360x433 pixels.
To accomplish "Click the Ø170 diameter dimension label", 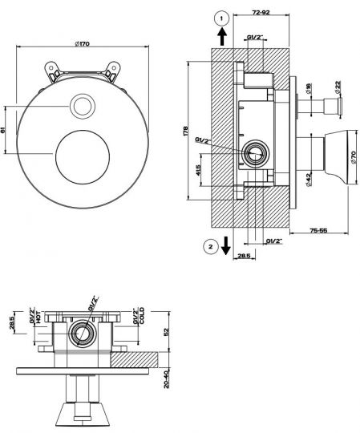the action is [x=83, y=43].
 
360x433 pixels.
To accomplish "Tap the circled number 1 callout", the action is [x=221, y=18].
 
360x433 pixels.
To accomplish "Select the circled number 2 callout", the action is [x=211, y=247].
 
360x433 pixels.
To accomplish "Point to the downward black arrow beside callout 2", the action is [x=226, y=245].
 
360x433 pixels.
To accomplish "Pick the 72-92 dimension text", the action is [x=261, y=12].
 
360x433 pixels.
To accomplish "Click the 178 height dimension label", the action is [x=185, y=131].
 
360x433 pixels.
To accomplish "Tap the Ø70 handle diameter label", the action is [x=354, y=157].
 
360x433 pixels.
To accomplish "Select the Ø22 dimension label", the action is [x=338, y=87].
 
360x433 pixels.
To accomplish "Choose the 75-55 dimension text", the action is [x=318, y=230].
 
